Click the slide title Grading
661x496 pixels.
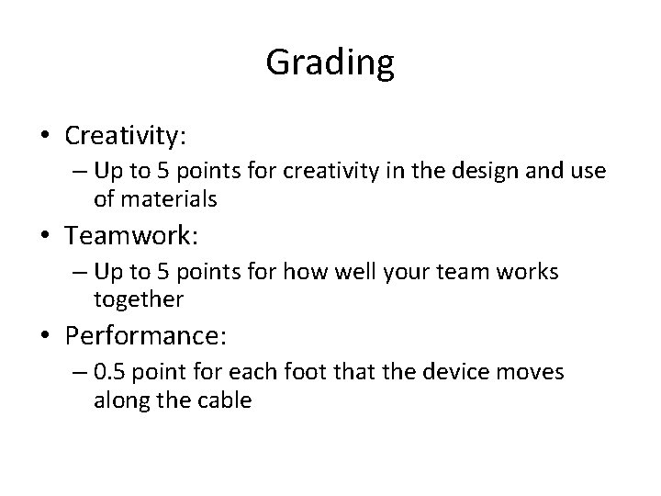330,62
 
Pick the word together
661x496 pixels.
138,299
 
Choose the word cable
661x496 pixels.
225,400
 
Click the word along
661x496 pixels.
118,400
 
